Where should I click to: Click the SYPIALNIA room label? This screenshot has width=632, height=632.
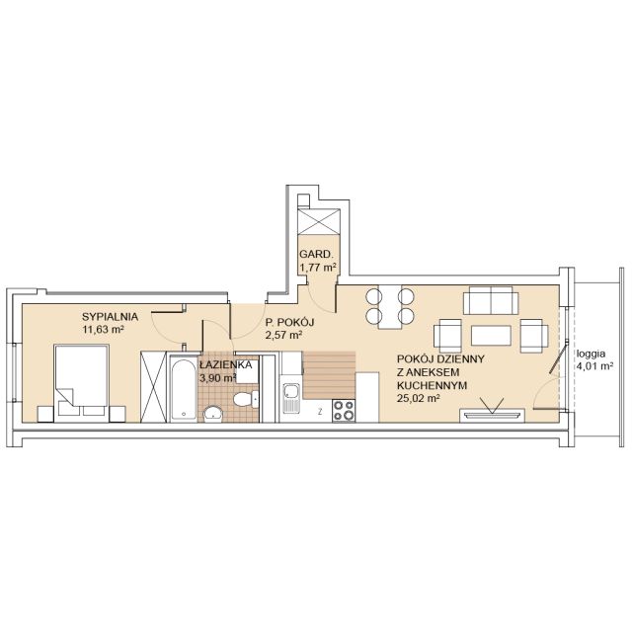110,317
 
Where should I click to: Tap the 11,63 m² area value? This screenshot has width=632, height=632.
103,329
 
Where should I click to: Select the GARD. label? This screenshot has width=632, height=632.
316,255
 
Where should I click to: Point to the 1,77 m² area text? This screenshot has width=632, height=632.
318,268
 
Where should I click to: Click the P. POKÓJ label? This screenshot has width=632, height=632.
289,322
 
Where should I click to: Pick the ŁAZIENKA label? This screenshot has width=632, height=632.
226,365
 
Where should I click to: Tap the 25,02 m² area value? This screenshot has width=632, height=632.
418,398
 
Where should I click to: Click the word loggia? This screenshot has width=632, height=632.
592,355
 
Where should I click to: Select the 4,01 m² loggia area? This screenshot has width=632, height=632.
594,366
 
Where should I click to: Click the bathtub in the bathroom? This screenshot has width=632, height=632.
184,388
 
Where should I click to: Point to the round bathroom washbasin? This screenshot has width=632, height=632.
213,414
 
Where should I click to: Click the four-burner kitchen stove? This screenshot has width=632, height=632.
344,411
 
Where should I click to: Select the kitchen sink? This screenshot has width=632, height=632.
291,398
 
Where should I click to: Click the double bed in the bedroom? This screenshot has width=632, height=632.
81,383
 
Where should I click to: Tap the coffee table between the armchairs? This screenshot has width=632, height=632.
491,336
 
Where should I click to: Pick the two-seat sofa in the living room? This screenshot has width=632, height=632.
491,300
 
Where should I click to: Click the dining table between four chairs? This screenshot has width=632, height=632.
390,307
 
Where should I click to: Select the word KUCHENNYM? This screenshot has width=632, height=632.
433,385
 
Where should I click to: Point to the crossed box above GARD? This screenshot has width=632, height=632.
318,221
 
